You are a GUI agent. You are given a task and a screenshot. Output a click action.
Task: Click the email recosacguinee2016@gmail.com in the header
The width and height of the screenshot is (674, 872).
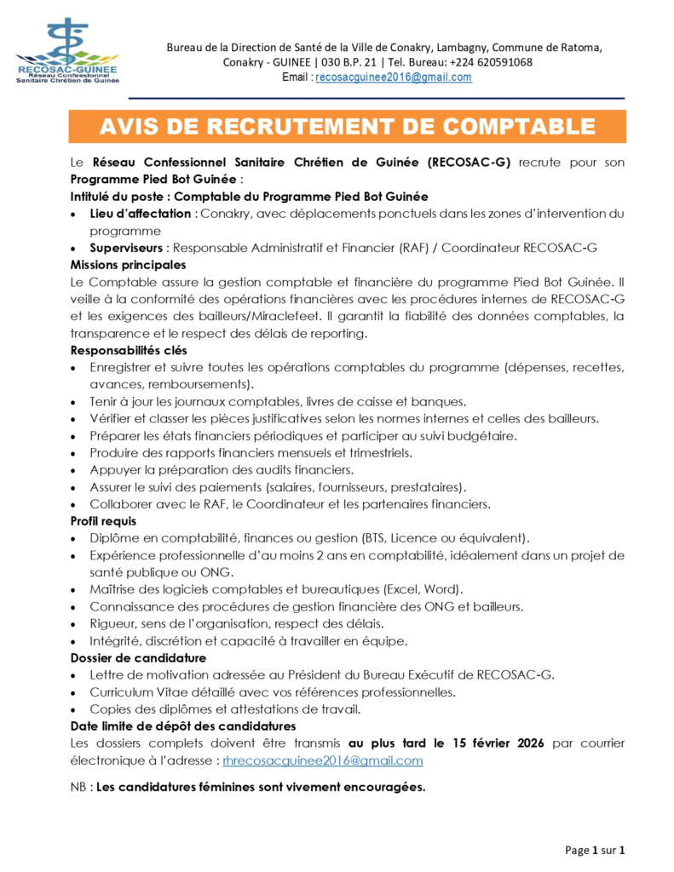pos(393,77)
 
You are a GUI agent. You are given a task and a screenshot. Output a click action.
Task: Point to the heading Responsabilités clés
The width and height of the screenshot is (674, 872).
pos(129,350)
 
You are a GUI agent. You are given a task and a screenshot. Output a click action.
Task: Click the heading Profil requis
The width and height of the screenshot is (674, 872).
pos(103,520)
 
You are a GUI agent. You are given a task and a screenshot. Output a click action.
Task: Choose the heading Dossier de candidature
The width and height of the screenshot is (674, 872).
pos(137,657)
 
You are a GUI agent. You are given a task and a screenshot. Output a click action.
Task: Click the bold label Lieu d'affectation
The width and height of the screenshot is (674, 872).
pos(140,213)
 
